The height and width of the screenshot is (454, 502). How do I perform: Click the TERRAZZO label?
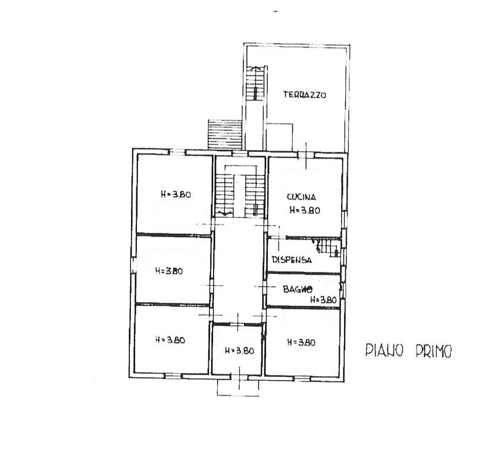coord(304,95)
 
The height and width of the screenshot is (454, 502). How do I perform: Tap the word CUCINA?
coord(301,197)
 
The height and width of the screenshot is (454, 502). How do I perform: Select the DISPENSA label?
coord(291,260)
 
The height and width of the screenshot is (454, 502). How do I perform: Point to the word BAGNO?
coord(297,289)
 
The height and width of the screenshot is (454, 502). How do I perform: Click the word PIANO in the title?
coord(384,351)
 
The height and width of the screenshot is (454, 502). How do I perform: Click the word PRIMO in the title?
coord(434,351)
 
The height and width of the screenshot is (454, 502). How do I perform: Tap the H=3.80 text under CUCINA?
coord(305,210)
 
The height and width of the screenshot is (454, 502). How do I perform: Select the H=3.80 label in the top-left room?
coord(176,194)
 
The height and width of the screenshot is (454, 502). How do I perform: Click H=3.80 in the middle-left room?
coord(169,271)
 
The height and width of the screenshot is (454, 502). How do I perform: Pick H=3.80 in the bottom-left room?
coord(170,340)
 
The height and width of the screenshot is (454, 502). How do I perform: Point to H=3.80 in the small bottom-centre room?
coord(239,351)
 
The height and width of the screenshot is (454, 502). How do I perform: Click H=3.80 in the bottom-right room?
coord(301,343)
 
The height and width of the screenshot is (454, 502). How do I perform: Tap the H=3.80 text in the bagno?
coord(324,300)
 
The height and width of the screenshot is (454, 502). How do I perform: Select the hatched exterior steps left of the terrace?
coord(225,134)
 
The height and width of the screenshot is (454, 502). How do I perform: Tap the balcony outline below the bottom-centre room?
coord(238,388)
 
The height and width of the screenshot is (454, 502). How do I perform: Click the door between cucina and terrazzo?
coord(306,155)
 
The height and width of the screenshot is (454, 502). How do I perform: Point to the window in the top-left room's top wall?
coord(177,152)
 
